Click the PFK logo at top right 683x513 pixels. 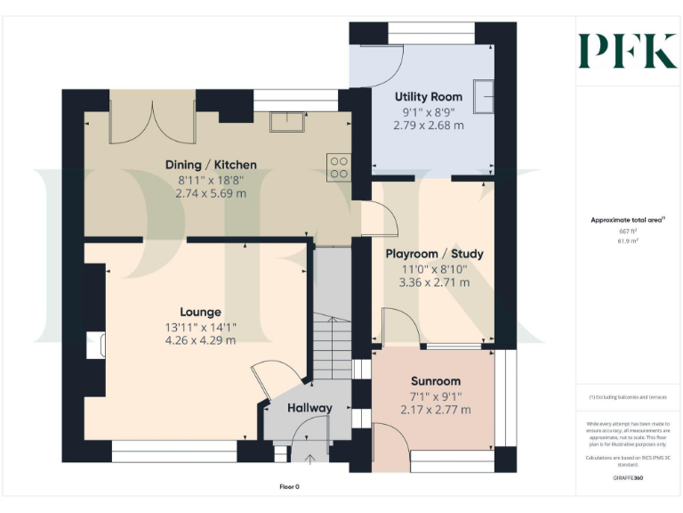point(627,51)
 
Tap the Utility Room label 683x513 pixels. point(428,96)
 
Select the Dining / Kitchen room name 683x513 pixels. point(211,165)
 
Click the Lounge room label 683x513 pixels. point(200,312)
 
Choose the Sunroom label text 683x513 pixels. point(436,381)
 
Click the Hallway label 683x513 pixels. point(309,408)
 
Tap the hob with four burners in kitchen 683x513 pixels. point(338,167)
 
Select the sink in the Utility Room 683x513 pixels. point(485,96)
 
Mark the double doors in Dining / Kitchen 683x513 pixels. point(152,122)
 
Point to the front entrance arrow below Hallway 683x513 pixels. point(309,460)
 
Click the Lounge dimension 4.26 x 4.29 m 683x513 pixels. point(200,340)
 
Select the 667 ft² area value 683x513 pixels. point(628,231)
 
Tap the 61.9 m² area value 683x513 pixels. point(628,240)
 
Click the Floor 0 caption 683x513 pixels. point(290,487)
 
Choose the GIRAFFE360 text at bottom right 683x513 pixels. point(628,478)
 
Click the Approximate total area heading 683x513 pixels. point(628,220)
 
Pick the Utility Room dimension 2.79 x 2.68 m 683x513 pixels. point(428,126)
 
